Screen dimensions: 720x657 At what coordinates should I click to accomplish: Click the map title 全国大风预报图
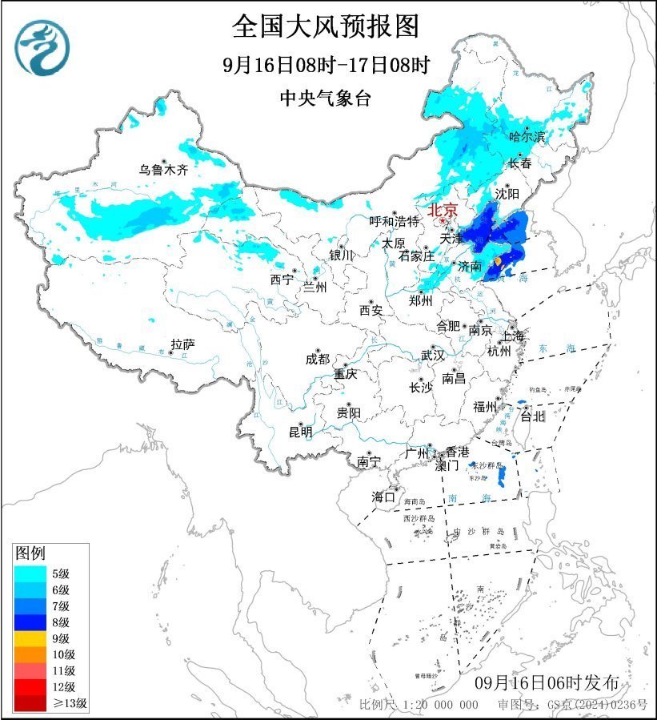coord(326,26)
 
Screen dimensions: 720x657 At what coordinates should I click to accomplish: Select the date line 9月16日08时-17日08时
coord(326,64)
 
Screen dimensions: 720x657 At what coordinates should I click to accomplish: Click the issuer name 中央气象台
coord(326,98)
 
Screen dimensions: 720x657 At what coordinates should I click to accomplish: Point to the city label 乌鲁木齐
coord(163,170)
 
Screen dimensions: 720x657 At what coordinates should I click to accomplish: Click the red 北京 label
coord(443,211)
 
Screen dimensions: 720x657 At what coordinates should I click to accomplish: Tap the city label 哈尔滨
coord(527,138)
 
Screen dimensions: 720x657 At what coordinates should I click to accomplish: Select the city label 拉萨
coord(182,345)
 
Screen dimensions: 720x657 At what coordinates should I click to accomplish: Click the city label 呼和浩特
coord(394,221)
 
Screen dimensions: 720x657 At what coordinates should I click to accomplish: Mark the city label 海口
coord(383,497)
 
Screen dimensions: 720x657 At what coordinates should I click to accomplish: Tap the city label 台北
coord(532,416)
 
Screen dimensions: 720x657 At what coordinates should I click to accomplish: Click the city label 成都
coord(317,360)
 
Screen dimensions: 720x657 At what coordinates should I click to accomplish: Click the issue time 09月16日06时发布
coord(547,683)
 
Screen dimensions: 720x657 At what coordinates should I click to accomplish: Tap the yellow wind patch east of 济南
coord(498,262)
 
